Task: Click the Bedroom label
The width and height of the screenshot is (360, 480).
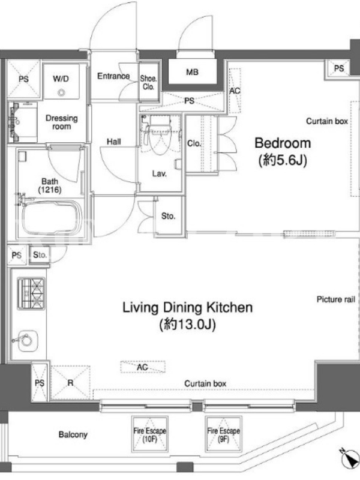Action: [283, 143]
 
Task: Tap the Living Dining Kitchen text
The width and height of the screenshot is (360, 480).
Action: [187, 307]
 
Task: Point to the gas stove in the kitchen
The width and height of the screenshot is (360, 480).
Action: [31, 293]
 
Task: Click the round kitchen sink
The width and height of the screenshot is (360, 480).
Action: [28, 340]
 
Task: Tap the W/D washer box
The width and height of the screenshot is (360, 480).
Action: [61, 81]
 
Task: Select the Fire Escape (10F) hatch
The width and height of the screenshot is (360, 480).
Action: [149, 434]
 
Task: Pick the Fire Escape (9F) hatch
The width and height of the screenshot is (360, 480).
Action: [223, 434]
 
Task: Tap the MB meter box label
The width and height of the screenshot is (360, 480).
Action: [192, 72]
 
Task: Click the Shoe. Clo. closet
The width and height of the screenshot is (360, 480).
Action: [149, 82]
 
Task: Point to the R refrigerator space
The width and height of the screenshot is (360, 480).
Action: [70, 383]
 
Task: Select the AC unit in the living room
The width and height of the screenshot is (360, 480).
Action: [143, 367]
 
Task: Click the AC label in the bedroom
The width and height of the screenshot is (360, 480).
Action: [235, 91]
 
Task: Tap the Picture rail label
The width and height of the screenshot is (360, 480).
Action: [336, 299]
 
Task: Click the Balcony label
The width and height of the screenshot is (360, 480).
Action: [73, 434]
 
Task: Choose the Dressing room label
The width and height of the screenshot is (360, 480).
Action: [62, 122]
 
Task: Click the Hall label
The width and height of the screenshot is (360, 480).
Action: [113, 142]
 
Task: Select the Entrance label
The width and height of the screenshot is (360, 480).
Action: [113, 76]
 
